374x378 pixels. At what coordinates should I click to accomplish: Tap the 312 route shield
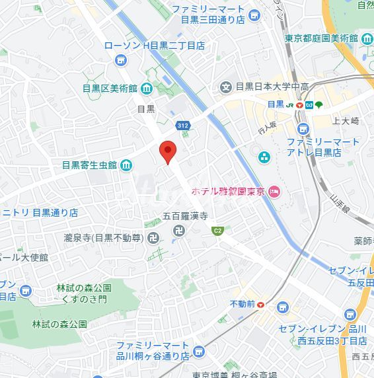pos(184,125)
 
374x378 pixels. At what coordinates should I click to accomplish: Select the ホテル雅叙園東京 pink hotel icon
pos(275,192)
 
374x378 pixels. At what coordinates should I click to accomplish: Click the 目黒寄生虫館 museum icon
pos(126,165)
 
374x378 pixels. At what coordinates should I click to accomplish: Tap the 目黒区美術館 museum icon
pos(145,88)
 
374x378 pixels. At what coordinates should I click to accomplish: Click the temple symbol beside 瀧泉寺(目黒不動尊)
pos(153,237)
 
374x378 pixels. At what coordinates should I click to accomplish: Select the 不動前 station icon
pos(261,304)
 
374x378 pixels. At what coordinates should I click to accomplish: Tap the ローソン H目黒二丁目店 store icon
pos(120,61)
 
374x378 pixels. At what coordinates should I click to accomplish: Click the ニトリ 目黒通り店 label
pos(40,213)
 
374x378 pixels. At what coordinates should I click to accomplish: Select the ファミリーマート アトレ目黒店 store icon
pos(303,128)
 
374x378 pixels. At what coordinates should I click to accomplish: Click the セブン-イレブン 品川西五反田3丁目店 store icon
pos(283,307)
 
